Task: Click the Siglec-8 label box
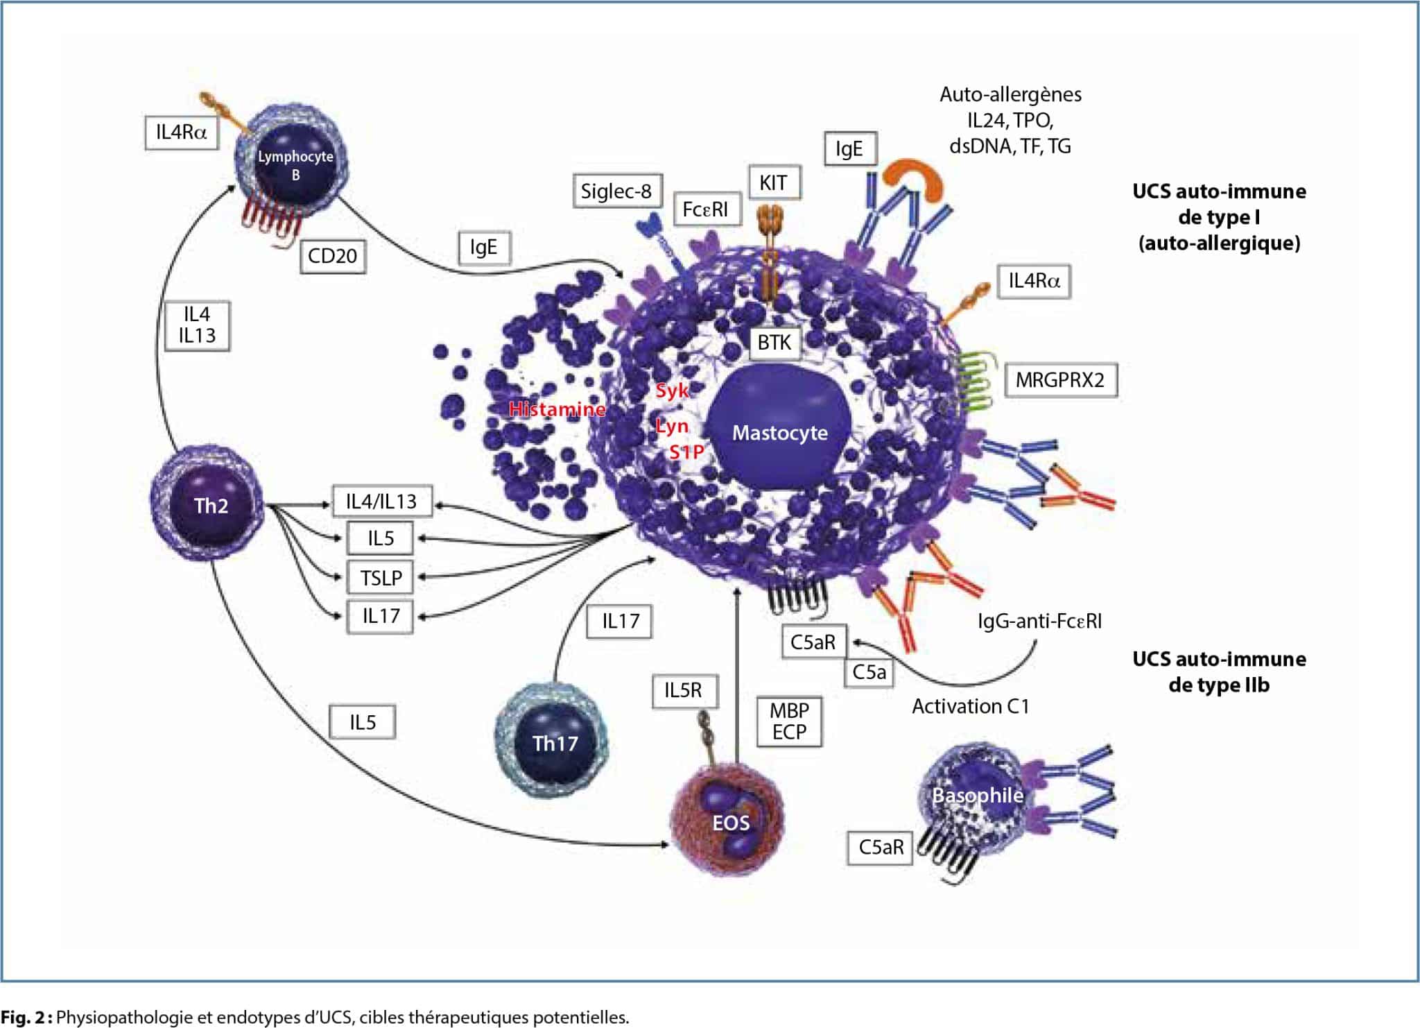[616, 191]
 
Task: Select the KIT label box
[773, 183]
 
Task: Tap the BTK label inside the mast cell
[774, 343]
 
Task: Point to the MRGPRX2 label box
[1060, 380]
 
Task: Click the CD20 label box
[332, 256]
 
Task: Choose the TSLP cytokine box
[381, 578]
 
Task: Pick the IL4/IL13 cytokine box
[381, 502]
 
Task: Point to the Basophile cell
[974, 798]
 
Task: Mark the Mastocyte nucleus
[779, 430]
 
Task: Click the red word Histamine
[557, 409]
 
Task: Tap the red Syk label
[672, 391]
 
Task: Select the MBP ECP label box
[789, 721]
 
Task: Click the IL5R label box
[683, 690]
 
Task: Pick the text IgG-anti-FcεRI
[1039, 621]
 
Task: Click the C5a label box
[869, 672]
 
